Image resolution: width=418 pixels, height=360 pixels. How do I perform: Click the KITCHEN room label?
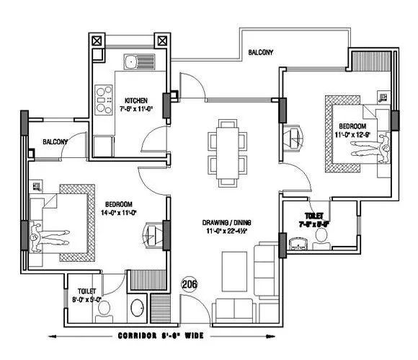[x=136, y=100]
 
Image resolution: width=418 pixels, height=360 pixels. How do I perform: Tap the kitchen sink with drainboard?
[x=137, y=61]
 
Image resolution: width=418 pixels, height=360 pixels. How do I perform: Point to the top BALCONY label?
[x=260, y=53]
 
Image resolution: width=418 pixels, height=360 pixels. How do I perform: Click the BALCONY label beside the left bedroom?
[x=55, y=142]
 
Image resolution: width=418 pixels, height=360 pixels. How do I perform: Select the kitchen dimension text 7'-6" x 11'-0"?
[x=136, y=110]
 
